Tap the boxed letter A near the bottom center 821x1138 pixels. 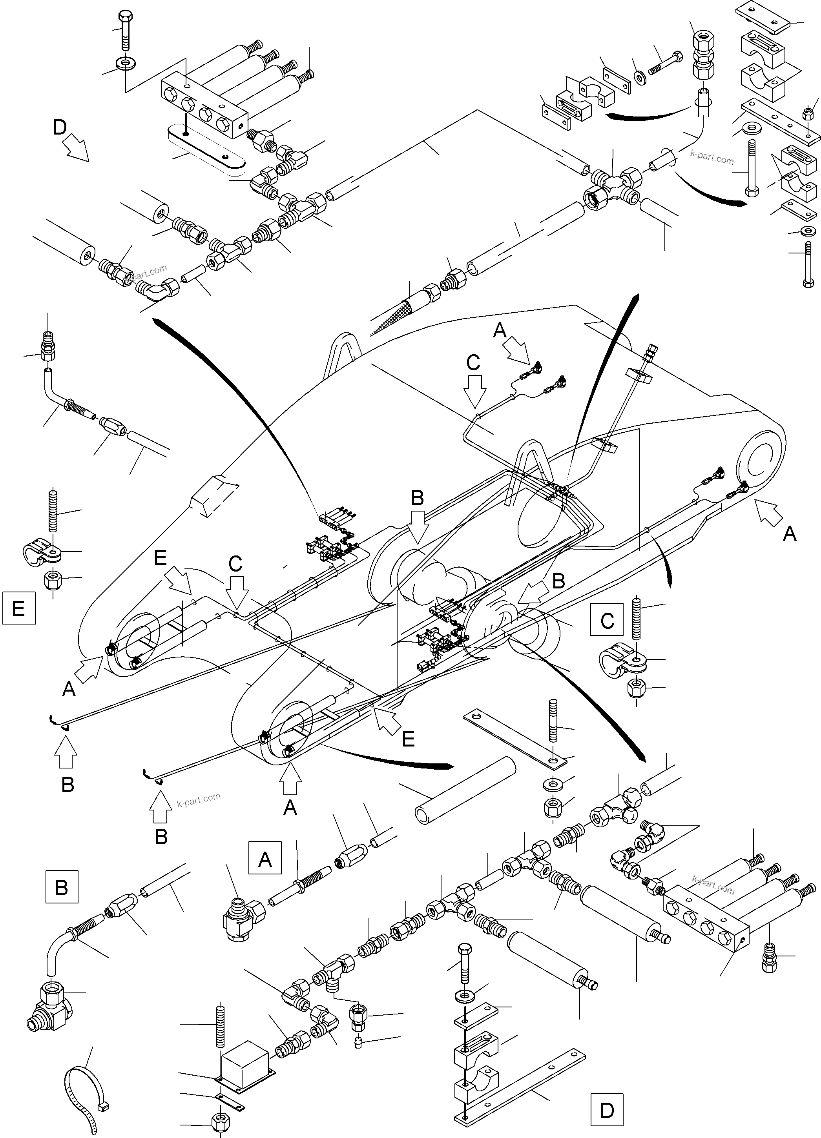click(x=265, y=859)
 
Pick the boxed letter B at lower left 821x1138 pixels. click(x=61, y=887)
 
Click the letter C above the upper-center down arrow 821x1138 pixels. click(x=473, y=362)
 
